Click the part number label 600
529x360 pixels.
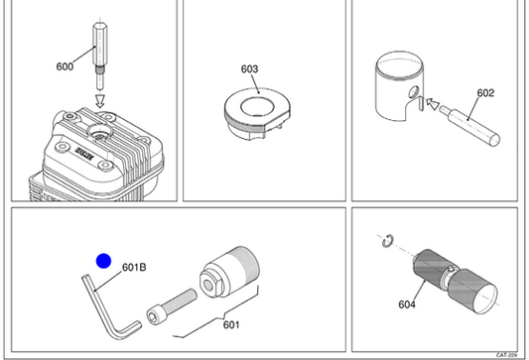click(x=65, y=66)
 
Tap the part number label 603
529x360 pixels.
click(x=249, y=69)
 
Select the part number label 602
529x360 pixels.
click(x=485, y=93)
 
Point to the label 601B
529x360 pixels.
click(x=134, y=268)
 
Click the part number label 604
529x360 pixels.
click(x=407, y=304)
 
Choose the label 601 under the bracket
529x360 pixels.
click(x=231, y=324)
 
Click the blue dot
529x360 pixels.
click(x=103, y=261)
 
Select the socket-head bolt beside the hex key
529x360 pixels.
click(x=172, y=306)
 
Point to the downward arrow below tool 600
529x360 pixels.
click(x=100, y=101)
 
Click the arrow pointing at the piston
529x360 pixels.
click(x=433, y=103)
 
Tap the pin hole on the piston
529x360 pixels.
click(x=414, y=91)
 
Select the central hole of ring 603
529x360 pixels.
click(x=258, y=106)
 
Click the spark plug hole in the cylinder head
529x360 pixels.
click(x=99, y=131)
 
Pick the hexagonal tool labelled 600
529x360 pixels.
click(x=100, y=56)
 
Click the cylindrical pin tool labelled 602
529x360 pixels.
click(x=470, y=126)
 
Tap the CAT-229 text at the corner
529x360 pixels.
click(x=506, y=355)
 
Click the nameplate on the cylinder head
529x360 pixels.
click(x=84, y=154)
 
